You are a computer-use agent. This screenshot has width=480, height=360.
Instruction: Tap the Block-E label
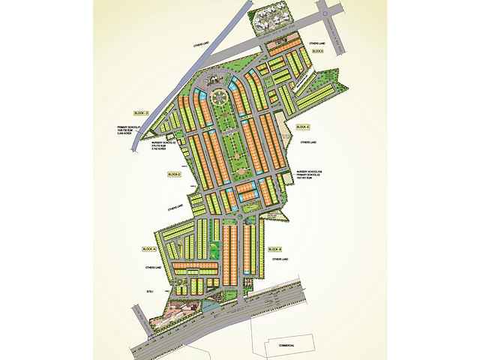click(303, 127)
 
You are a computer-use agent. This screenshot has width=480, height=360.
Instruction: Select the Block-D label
click(173, 175)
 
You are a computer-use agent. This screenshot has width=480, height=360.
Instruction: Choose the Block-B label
click(274, 248)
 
